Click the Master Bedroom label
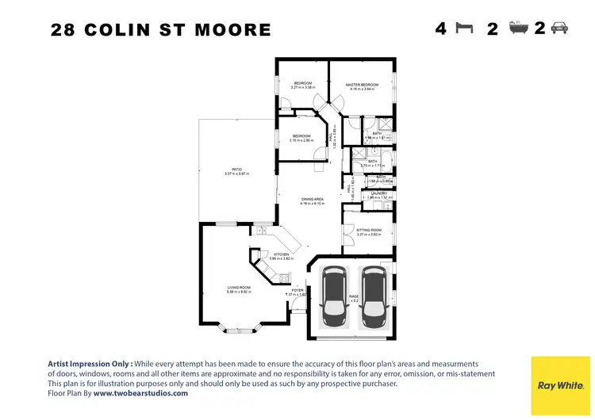click(x=362, y=85)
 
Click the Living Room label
click(x=239, y=287)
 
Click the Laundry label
click(x=378, y=193)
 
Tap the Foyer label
click(x=297, y=291)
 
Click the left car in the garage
click(x=334, y=297)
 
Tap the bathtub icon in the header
click(x=516, y=29)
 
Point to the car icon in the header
click(x=559, y=29)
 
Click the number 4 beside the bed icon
click(x=441, y=29)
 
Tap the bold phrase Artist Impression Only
click(x=89, y=363)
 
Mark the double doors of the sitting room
click(x=345, y=235)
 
